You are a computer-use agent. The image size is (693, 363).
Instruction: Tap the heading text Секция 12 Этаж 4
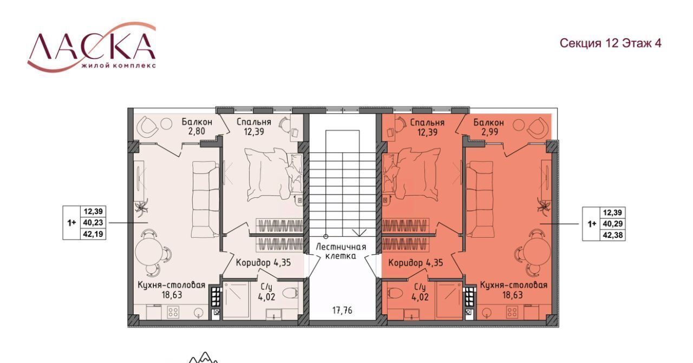pyautogui.click(x=611, y=43)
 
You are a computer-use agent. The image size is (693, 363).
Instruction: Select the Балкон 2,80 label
pyautogui.click(x=197, y=126)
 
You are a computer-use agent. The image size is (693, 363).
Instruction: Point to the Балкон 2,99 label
pyautogui.click(x=488, y=127)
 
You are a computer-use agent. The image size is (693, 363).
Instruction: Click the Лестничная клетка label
pyautogui.click(x=341, y=251)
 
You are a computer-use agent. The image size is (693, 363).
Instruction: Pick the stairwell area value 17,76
pyautogui.click(x=342, y=310)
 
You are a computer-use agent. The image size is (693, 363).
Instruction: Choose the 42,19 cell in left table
pyautogui.click(x=93, y=234)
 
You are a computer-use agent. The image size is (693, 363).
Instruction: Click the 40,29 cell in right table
pyautogui.click(x=612, y=224)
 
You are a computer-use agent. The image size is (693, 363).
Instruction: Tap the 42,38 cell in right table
pyautogui.click(x=612, y=235)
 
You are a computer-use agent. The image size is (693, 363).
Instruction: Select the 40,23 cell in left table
pyautogui.click(x=93, y=223)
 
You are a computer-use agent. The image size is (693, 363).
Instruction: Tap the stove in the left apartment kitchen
pyautogui.click(x=173, y=312)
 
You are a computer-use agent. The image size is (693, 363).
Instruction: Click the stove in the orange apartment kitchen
pyautogui.click(x=512, y=312)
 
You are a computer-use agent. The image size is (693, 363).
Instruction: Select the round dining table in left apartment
pyautogui.click(x=147, y=251)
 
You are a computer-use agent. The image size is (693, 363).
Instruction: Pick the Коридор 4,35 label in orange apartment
pyautogui.click(x=415, y=263)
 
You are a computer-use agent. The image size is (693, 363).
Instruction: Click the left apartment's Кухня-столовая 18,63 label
pyautogui.click(x=172, y=290)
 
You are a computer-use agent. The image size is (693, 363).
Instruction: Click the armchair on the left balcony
pyautogui.click(x=148, y=126)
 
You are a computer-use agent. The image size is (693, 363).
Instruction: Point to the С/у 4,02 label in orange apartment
pyautogui.click(x=419, y=293)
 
